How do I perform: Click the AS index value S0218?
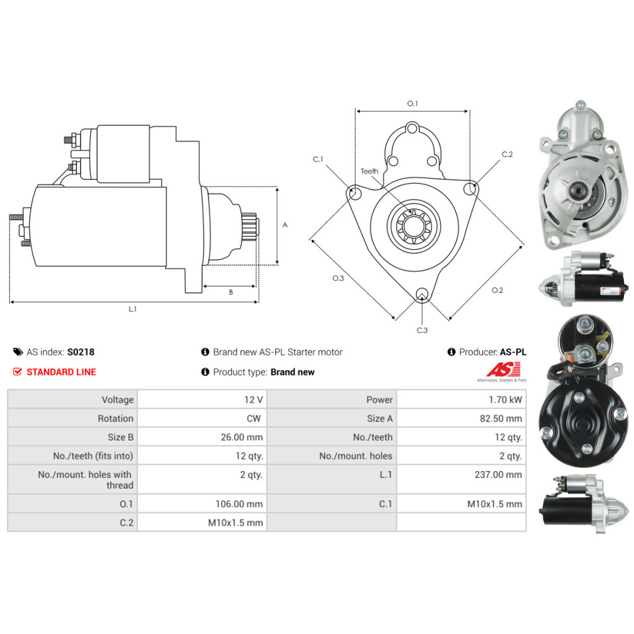point(81,352)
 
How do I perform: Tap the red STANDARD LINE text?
point(61,372)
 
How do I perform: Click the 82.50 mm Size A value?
point(501,418)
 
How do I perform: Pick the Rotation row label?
point(115,418)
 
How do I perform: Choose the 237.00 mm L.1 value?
point(498,475)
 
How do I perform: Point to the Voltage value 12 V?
point(254,399)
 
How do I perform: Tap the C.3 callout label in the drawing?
point(422,330)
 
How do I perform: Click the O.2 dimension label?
point(497,290)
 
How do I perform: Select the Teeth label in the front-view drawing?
point(370,171)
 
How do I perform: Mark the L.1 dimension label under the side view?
point(133,309)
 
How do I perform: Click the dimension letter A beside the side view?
point(285,225)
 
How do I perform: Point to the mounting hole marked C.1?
point(354,193)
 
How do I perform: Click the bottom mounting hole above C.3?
point(422,294)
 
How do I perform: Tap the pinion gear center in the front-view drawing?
point(413,226)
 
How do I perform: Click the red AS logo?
point(503,369)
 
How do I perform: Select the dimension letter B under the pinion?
point(231,292)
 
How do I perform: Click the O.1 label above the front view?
point(413,103)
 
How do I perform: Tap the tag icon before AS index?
point(18,352)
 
